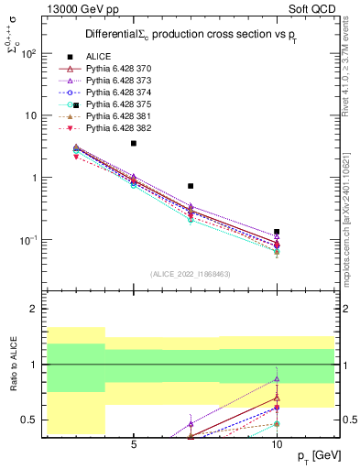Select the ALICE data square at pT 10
click(277, 232)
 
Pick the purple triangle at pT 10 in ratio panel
click(277, 379)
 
